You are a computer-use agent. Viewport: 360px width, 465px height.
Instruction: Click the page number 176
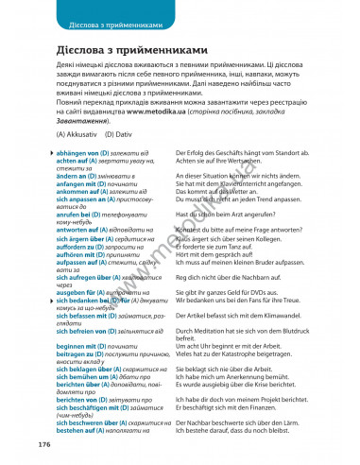coord(43,443)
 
